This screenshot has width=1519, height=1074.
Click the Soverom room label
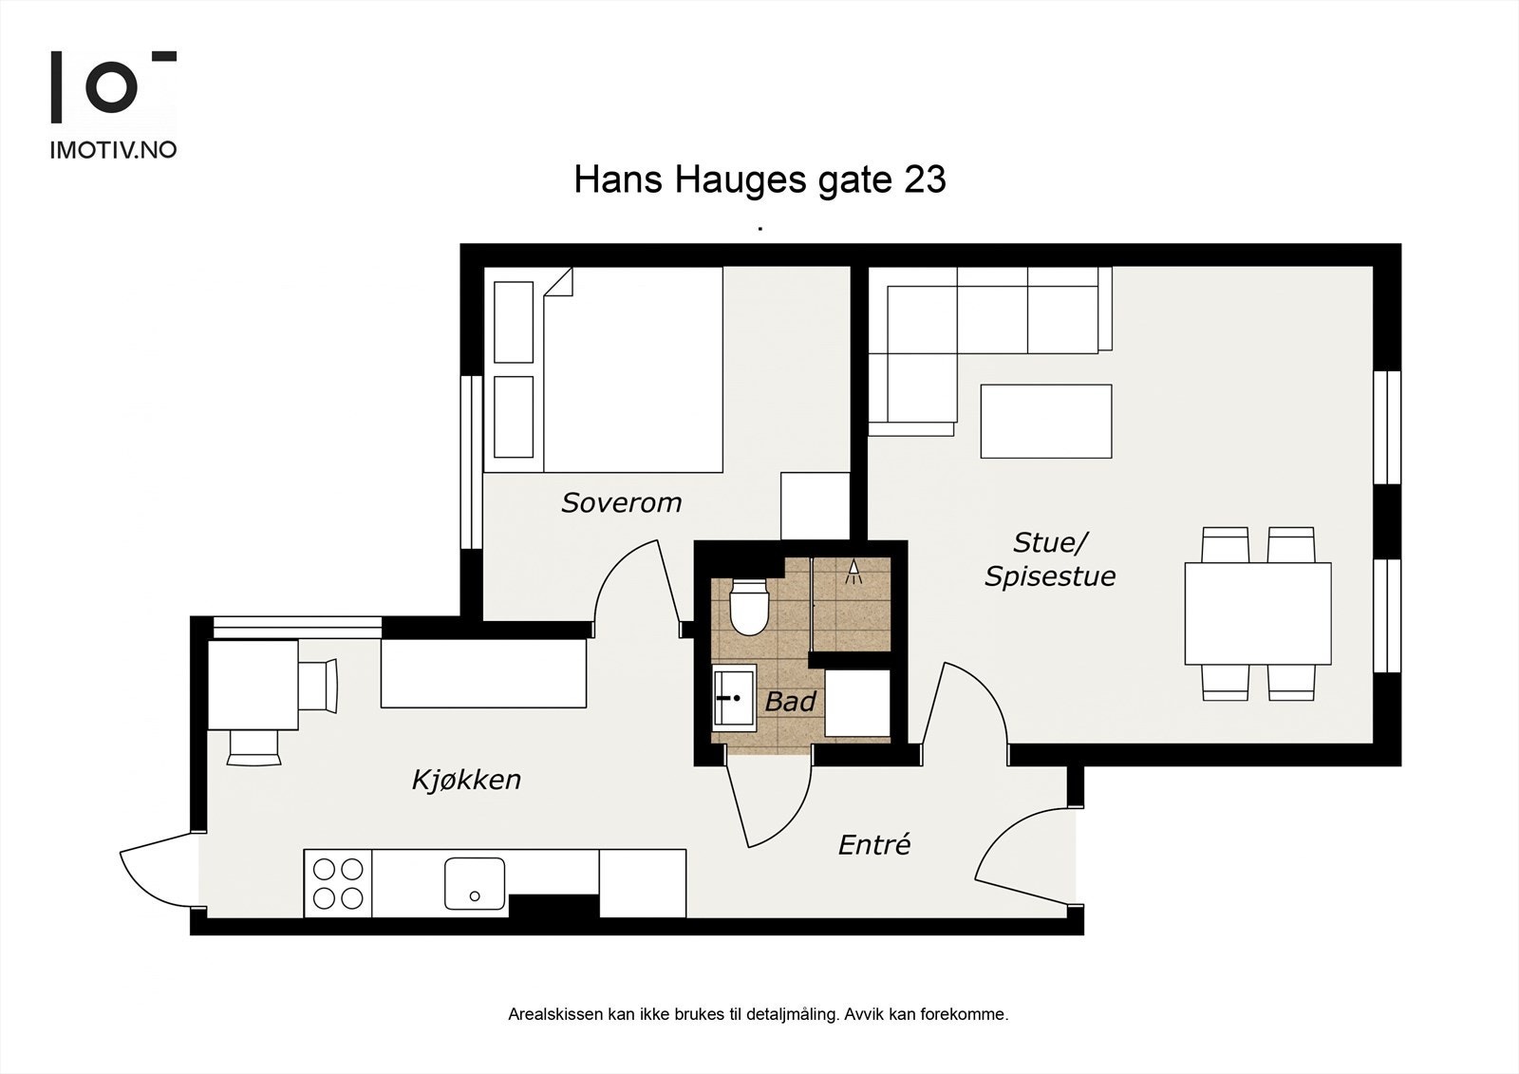point(621,502)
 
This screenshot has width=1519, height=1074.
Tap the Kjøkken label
point(466,780)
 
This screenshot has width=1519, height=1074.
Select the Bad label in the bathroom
point(790,702)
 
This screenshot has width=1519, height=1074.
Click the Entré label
point(873,844)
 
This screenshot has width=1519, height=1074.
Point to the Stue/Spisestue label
point(1050,559)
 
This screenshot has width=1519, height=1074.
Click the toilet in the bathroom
point(748,608)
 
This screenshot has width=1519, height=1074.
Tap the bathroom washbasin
point(734,698)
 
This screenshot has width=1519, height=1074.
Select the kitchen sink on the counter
point(475,884)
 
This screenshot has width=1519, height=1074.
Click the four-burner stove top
point(338,884)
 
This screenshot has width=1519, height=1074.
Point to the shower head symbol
point(853,570)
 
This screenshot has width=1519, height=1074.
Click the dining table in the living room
point(1257,613)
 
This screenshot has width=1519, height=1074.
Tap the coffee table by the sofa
point(1045,421)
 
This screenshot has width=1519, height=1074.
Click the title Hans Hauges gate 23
point(759,179)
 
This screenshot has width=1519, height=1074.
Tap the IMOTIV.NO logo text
point(113,150)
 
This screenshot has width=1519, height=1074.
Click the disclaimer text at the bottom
point(758,1014)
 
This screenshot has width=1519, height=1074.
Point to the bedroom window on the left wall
point(472,462)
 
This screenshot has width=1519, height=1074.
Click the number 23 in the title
point(925,179)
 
